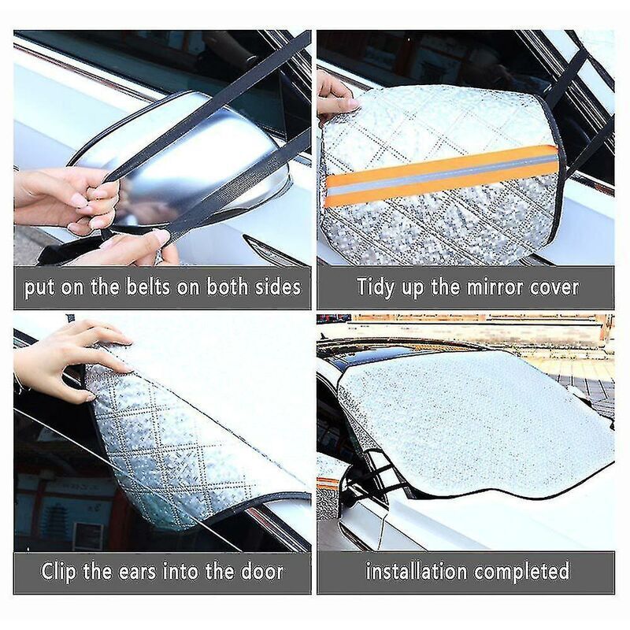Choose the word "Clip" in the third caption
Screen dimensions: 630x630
(x=61, y=570)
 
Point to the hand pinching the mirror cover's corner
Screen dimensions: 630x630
(x=335, y=98)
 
